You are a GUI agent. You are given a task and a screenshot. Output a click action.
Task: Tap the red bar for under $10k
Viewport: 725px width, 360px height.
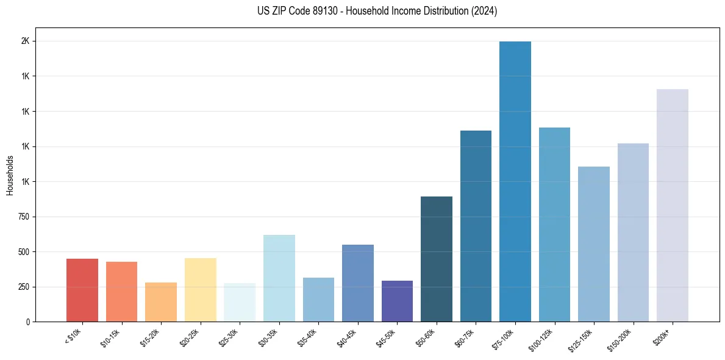click(x=82, y=290)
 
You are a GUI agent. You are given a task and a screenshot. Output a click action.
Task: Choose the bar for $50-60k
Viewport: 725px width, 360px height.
click(x=437, y=259)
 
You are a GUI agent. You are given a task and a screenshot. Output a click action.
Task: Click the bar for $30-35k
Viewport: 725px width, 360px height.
click(x=279, y=278)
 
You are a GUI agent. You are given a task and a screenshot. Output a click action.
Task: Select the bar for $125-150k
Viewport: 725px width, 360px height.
click(x=594, y=244)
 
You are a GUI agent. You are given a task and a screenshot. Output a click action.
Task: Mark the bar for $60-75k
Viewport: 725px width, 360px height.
click(x=476, y=226)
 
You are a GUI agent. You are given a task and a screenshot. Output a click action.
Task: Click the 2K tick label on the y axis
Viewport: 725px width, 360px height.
click(x=26, y=41)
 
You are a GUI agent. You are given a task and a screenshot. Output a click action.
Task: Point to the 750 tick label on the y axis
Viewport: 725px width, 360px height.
click(x=23, y=217)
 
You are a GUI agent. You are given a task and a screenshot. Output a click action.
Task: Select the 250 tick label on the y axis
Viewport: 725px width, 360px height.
click(x=23, y=287)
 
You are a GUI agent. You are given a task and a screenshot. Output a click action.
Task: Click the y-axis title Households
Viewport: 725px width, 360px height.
click(x=10, y=175)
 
